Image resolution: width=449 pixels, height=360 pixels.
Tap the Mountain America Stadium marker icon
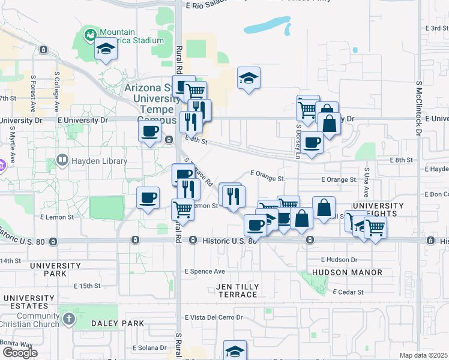(90, 35)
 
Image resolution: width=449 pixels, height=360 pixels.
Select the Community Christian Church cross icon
(68, 319)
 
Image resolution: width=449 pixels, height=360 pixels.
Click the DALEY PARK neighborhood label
(118, 323)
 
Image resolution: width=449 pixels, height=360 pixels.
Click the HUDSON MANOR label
(347, 272)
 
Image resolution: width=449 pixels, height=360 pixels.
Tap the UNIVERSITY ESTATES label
(29, 302)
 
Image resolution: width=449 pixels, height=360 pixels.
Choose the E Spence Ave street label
(205, 271)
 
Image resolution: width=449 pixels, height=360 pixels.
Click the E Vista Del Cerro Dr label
(214, 317)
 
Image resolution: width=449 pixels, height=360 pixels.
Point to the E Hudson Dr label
(339, 259)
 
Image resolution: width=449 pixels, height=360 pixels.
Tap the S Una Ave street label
(366, 177)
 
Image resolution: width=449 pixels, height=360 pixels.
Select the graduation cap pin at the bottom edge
(235, 351)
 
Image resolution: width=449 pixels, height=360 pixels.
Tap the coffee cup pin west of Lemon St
(148, 197)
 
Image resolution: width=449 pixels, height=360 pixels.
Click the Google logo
(19, 353)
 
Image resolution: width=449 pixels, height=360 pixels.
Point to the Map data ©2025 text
(423, 355)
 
